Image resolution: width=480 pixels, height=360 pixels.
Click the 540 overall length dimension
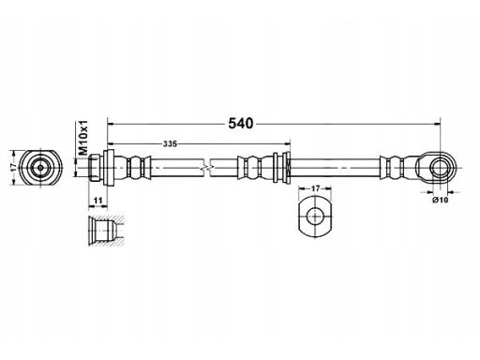pos(240,124)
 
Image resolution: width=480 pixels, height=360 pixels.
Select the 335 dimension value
pos(170,144)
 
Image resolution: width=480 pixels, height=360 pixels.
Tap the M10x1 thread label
pos(83,138)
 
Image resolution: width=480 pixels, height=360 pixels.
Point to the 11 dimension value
pos(98,201)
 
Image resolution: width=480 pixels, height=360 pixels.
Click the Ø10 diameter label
pos(441,200)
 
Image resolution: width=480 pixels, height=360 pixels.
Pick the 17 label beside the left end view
pos(13,167)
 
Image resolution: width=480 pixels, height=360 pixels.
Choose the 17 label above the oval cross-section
pos(315,188)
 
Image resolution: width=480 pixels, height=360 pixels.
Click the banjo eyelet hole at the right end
pos(440,167)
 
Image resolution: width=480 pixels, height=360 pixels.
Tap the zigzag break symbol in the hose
pos(205,168)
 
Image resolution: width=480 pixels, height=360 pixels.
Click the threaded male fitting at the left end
pos(95,168)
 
